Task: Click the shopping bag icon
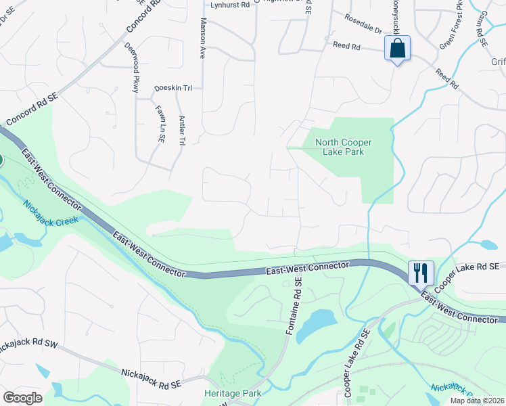click(397, 49)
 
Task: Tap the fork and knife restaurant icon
click(421, 273)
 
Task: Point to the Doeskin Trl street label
click(174, 88)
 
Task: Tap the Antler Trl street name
click(182, 131)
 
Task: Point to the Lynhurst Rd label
click(230, 5)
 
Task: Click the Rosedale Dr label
click(363, 24)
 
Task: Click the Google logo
click(22, 398)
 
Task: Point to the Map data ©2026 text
click(478, 401)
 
